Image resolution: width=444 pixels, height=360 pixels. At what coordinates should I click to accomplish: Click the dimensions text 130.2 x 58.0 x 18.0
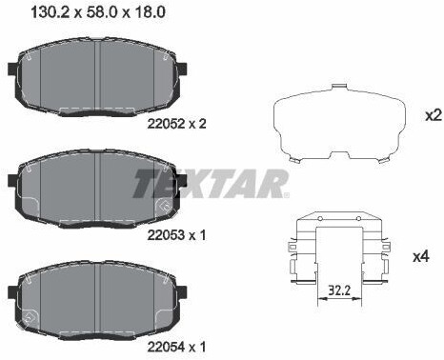click(98, 12)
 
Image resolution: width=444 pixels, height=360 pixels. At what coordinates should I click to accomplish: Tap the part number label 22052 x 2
click(176, 124)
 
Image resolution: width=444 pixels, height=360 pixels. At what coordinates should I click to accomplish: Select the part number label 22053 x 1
click(176, 235)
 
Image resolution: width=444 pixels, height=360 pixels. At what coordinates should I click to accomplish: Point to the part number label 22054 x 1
click(176, 347)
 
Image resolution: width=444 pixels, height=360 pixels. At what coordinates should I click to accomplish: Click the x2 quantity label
click(434, 116)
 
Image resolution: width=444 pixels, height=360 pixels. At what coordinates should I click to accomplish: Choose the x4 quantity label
click(421, 256)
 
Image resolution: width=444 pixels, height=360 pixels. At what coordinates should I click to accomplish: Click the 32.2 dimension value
click(339, 290)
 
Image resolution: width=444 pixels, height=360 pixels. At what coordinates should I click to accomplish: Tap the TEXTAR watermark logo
click(212, 184)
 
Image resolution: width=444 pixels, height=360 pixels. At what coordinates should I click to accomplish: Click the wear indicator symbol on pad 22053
click(164, 206)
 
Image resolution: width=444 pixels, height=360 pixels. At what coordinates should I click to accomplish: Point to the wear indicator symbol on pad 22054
click(30, 317)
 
